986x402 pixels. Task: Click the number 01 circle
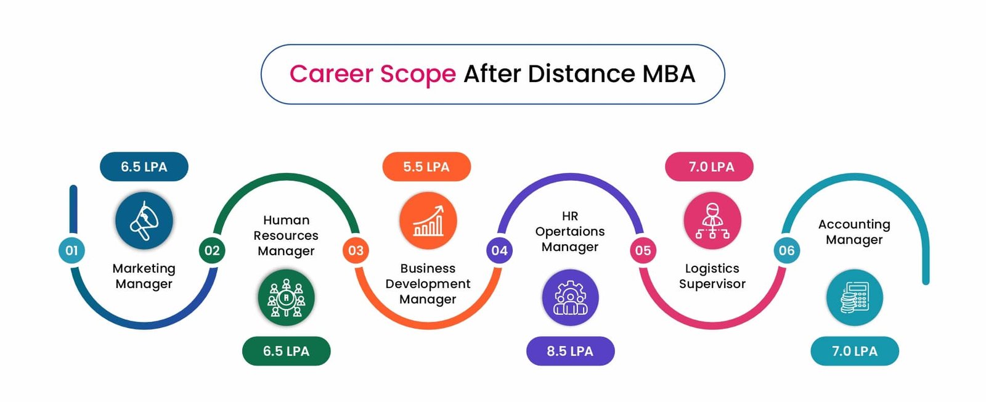point(71,250)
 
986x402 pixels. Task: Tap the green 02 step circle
point(212,250)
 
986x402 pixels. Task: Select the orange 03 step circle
point(356,250)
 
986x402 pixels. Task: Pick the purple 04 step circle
point(499,250)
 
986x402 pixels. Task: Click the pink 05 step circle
point(643,250)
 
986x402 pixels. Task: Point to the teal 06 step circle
point(786,250)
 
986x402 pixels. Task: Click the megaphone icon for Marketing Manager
point(144,220)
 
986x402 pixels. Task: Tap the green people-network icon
point(286,298)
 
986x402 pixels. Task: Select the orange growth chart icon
point(428,220)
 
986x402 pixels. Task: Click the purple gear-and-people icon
point(570,298)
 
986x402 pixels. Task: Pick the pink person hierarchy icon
point(712,220)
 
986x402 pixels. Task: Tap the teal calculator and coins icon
point(854,298)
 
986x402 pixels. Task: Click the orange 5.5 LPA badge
point(426,166)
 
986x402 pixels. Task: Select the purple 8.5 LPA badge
point(570,351)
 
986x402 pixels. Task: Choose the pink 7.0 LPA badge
point(709,166)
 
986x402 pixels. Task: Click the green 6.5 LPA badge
point(286,351)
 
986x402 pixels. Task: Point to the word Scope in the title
point(418,74)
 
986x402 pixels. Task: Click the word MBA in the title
point(669,73)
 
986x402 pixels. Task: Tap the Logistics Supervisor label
point(712,276)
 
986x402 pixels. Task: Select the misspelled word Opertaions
point(570,232)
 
